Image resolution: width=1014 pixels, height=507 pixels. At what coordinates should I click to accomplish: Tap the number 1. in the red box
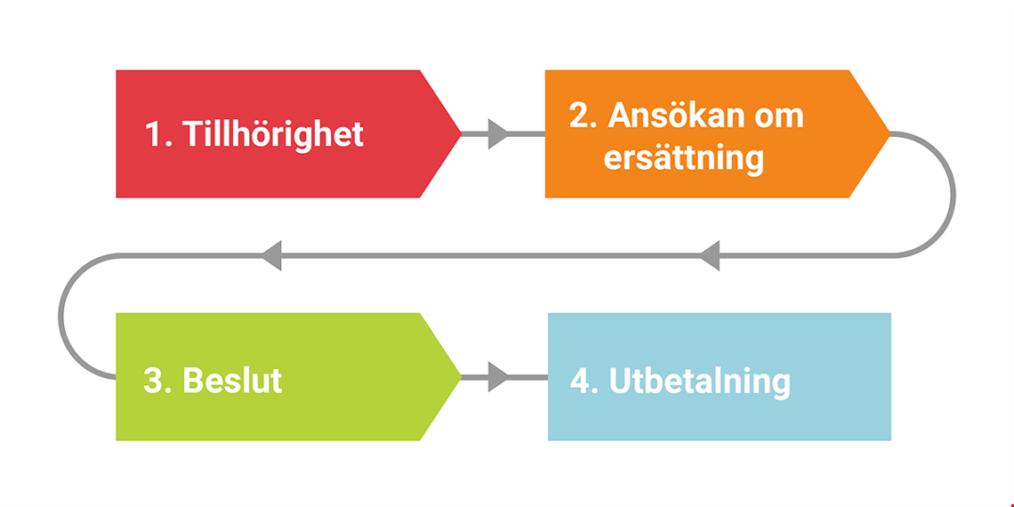[158, 133]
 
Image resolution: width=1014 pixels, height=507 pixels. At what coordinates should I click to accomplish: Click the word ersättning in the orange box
[683, 158]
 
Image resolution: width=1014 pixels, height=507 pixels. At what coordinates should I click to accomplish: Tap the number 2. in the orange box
[583, 116]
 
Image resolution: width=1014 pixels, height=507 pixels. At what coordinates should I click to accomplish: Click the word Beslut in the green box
[233, 381]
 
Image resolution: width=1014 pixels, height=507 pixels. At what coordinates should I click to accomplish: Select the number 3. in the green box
[157, 381]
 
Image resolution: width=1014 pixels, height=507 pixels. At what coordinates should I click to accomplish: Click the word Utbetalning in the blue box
[700, 382]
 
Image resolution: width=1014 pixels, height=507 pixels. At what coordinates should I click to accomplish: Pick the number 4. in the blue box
[584, 381]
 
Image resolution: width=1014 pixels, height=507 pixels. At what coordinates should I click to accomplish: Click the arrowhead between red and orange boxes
[498, 133]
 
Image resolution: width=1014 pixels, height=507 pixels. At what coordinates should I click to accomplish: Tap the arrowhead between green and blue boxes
[498, 376]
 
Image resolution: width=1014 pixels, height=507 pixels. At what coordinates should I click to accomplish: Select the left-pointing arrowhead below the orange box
[710, 255]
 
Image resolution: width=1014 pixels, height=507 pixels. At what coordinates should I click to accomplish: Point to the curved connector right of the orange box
[953, 195]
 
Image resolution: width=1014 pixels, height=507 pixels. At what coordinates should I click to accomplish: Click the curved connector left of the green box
[60, 317]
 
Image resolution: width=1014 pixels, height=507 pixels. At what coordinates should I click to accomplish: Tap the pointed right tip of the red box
[461, 133]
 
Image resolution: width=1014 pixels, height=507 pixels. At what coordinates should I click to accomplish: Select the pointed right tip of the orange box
[889, 133]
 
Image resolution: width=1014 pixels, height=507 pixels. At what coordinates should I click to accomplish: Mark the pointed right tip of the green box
[461, 376]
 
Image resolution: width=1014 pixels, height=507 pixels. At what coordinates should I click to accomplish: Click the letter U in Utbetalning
[619, 381]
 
